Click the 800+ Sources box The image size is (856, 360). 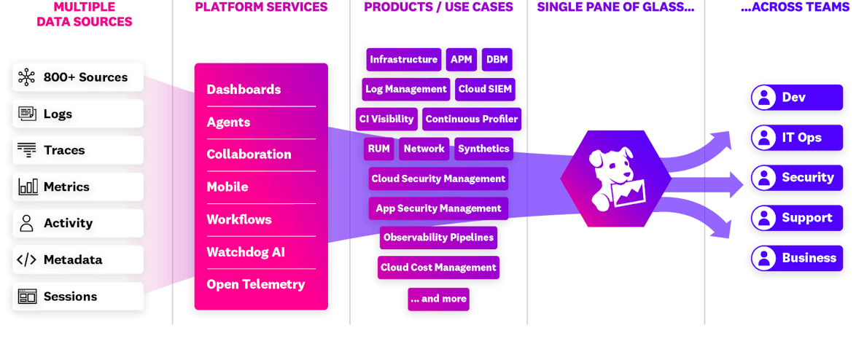78,77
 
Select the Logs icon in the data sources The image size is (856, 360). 28,114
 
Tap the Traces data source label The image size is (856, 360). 64,150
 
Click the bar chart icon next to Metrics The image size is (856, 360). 28,187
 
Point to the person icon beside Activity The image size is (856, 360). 27,224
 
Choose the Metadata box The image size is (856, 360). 78,260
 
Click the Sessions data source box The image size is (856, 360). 78,297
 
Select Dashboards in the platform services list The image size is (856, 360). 244,90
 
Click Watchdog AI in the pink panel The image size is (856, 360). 245,252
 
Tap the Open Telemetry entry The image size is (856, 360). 255,284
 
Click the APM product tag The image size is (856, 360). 461,60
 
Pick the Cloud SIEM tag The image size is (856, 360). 485,90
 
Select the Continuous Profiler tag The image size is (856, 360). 472,119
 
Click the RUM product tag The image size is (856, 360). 378,149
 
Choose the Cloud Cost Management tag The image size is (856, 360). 438,267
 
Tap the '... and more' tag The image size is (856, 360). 438,299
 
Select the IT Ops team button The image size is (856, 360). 794,138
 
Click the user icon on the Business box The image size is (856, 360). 763,258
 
